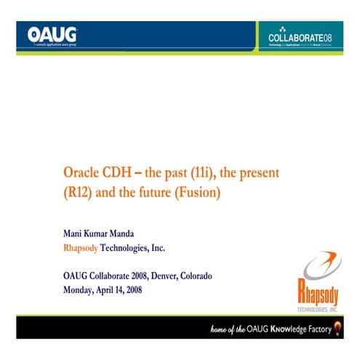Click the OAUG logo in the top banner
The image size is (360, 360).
53,35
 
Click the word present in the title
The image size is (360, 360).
261,175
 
